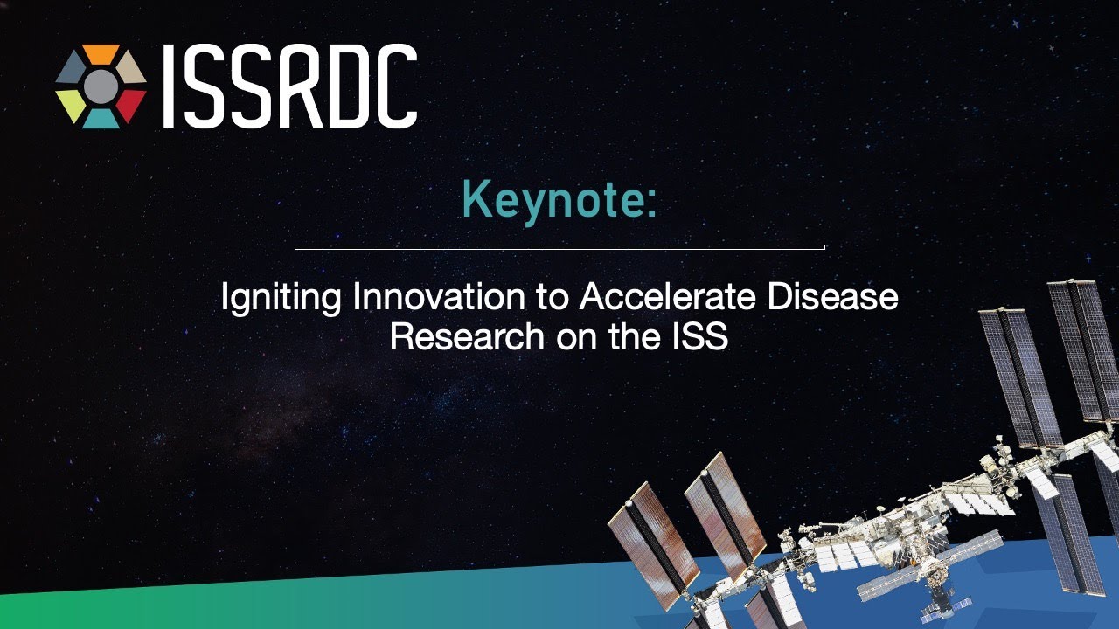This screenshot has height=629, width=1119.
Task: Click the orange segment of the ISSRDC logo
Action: (101, 54)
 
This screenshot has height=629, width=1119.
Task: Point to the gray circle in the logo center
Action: (101, 86)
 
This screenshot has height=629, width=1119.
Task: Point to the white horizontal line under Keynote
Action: (559, 247)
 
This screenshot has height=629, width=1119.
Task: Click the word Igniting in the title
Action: (281, 299)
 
